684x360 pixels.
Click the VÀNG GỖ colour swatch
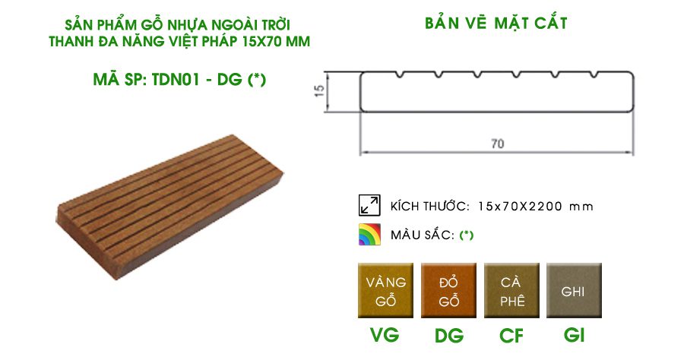385,291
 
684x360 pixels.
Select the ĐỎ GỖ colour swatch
449,291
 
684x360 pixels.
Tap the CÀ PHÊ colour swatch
511,291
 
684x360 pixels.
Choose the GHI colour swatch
574,291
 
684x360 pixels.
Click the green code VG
385,335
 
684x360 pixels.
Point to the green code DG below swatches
449,335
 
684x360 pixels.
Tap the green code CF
511,335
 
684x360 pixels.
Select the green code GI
574,335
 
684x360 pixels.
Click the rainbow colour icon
369,235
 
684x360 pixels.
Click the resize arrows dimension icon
369,206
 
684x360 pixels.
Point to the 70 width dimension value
498,143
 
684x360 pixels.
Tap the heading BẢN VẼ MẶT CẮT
496,24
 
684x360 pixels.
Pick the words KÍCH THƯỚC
429,207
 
